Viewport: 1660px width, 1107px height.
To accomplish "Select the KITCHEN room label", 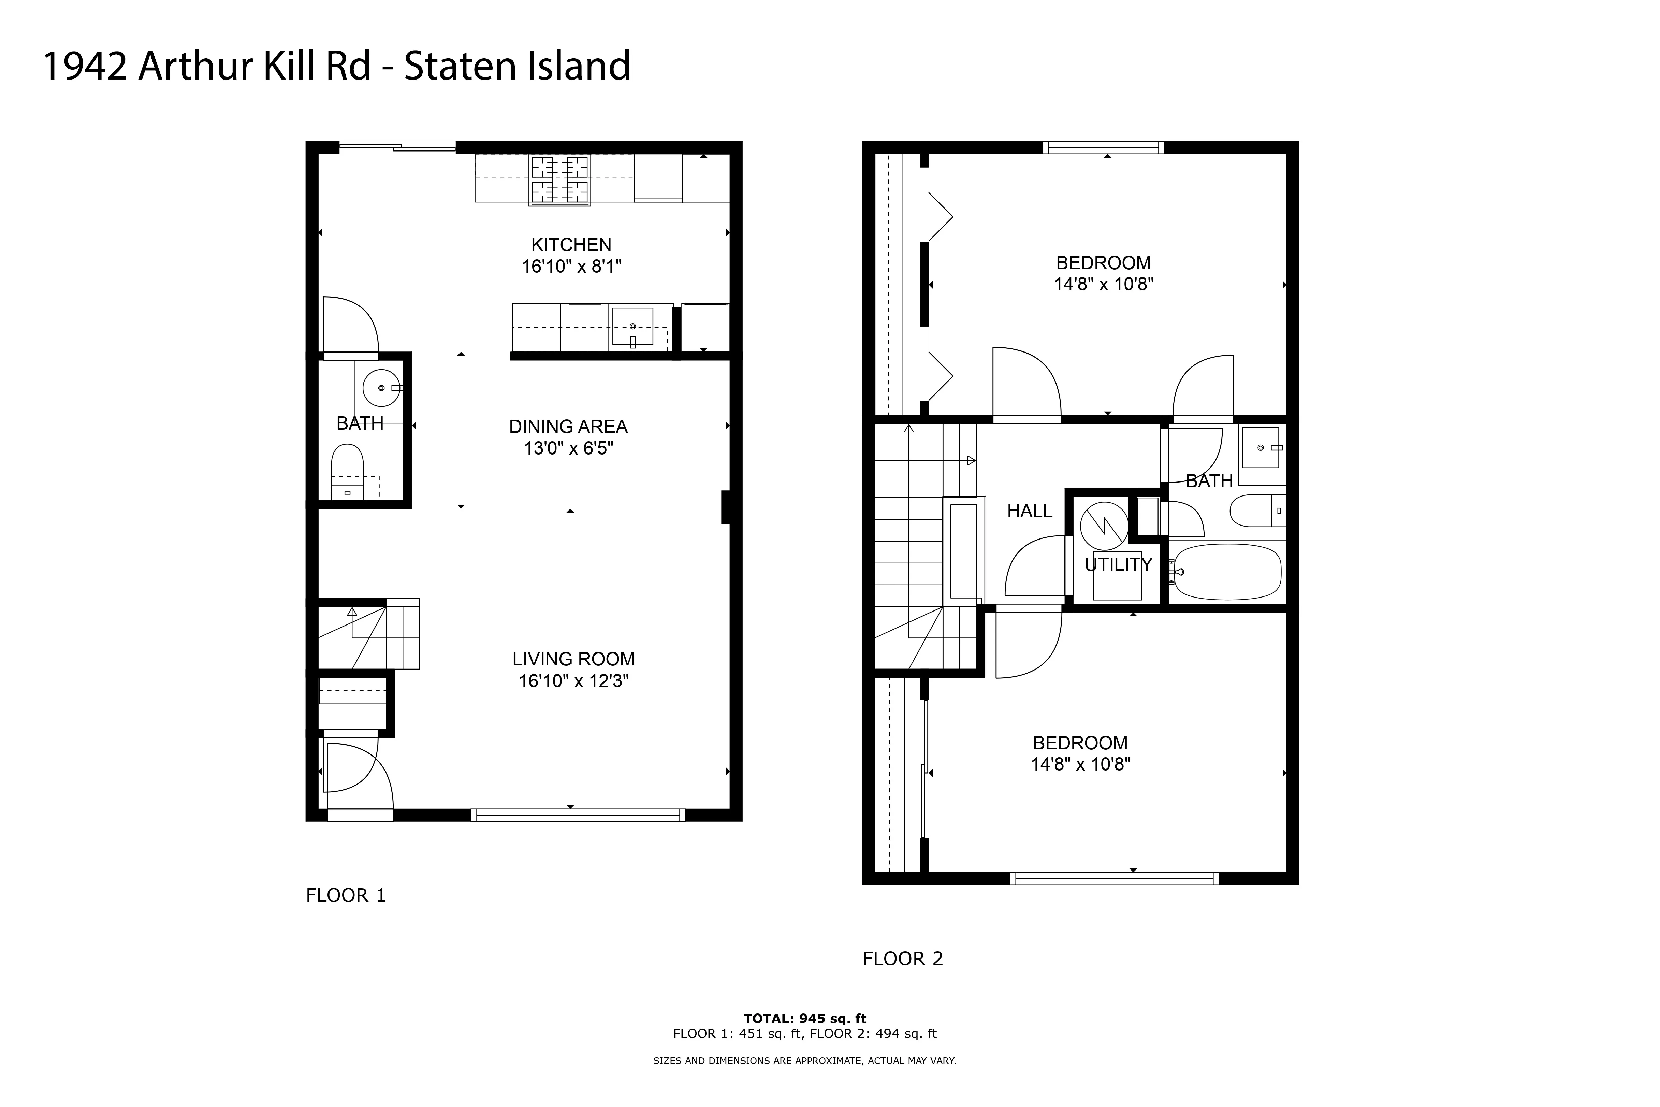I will [x=571, y=245].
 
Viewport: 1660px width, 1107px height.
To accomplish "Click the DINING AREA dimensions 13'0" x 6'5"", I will [x=568, y=448].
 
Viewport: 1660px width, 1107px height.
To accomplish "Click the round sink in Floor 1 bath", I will [x=381, y=388].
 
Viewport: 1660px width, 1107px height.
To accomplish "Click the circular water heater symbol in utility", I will [x=1104, y=525].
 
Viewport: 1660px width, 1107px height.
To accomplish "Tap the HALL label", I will [x=1029, y=511].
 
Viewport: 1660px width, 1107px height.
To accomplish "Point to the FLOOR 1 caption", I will [x=345, y=895].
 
